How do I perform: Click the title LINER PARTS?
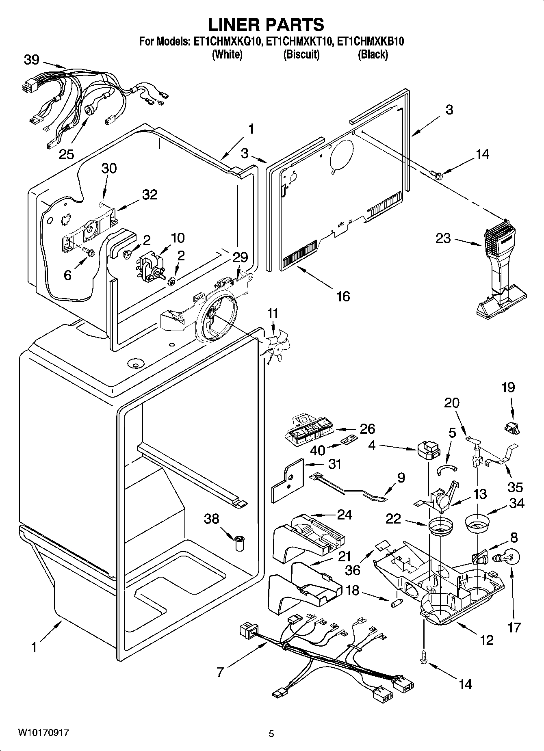(x=266, y=25)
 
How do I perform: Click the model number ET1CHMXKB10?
(x=371, y=41)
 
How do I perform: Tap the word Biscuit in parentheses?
(x=301, y=54)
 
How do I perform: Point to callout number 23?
(x=443, y=238)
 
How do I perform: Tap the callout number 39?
(x=31, y=60)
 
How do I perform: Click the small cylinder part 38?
(x=240, y=543)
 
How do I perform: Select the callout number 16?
(x=343, y=296)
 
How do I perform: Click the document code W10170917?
(x=43, y=733)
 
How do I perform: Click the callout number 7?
(x=220, y=672)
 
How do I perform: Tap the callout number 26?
(x=367, y=429)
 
